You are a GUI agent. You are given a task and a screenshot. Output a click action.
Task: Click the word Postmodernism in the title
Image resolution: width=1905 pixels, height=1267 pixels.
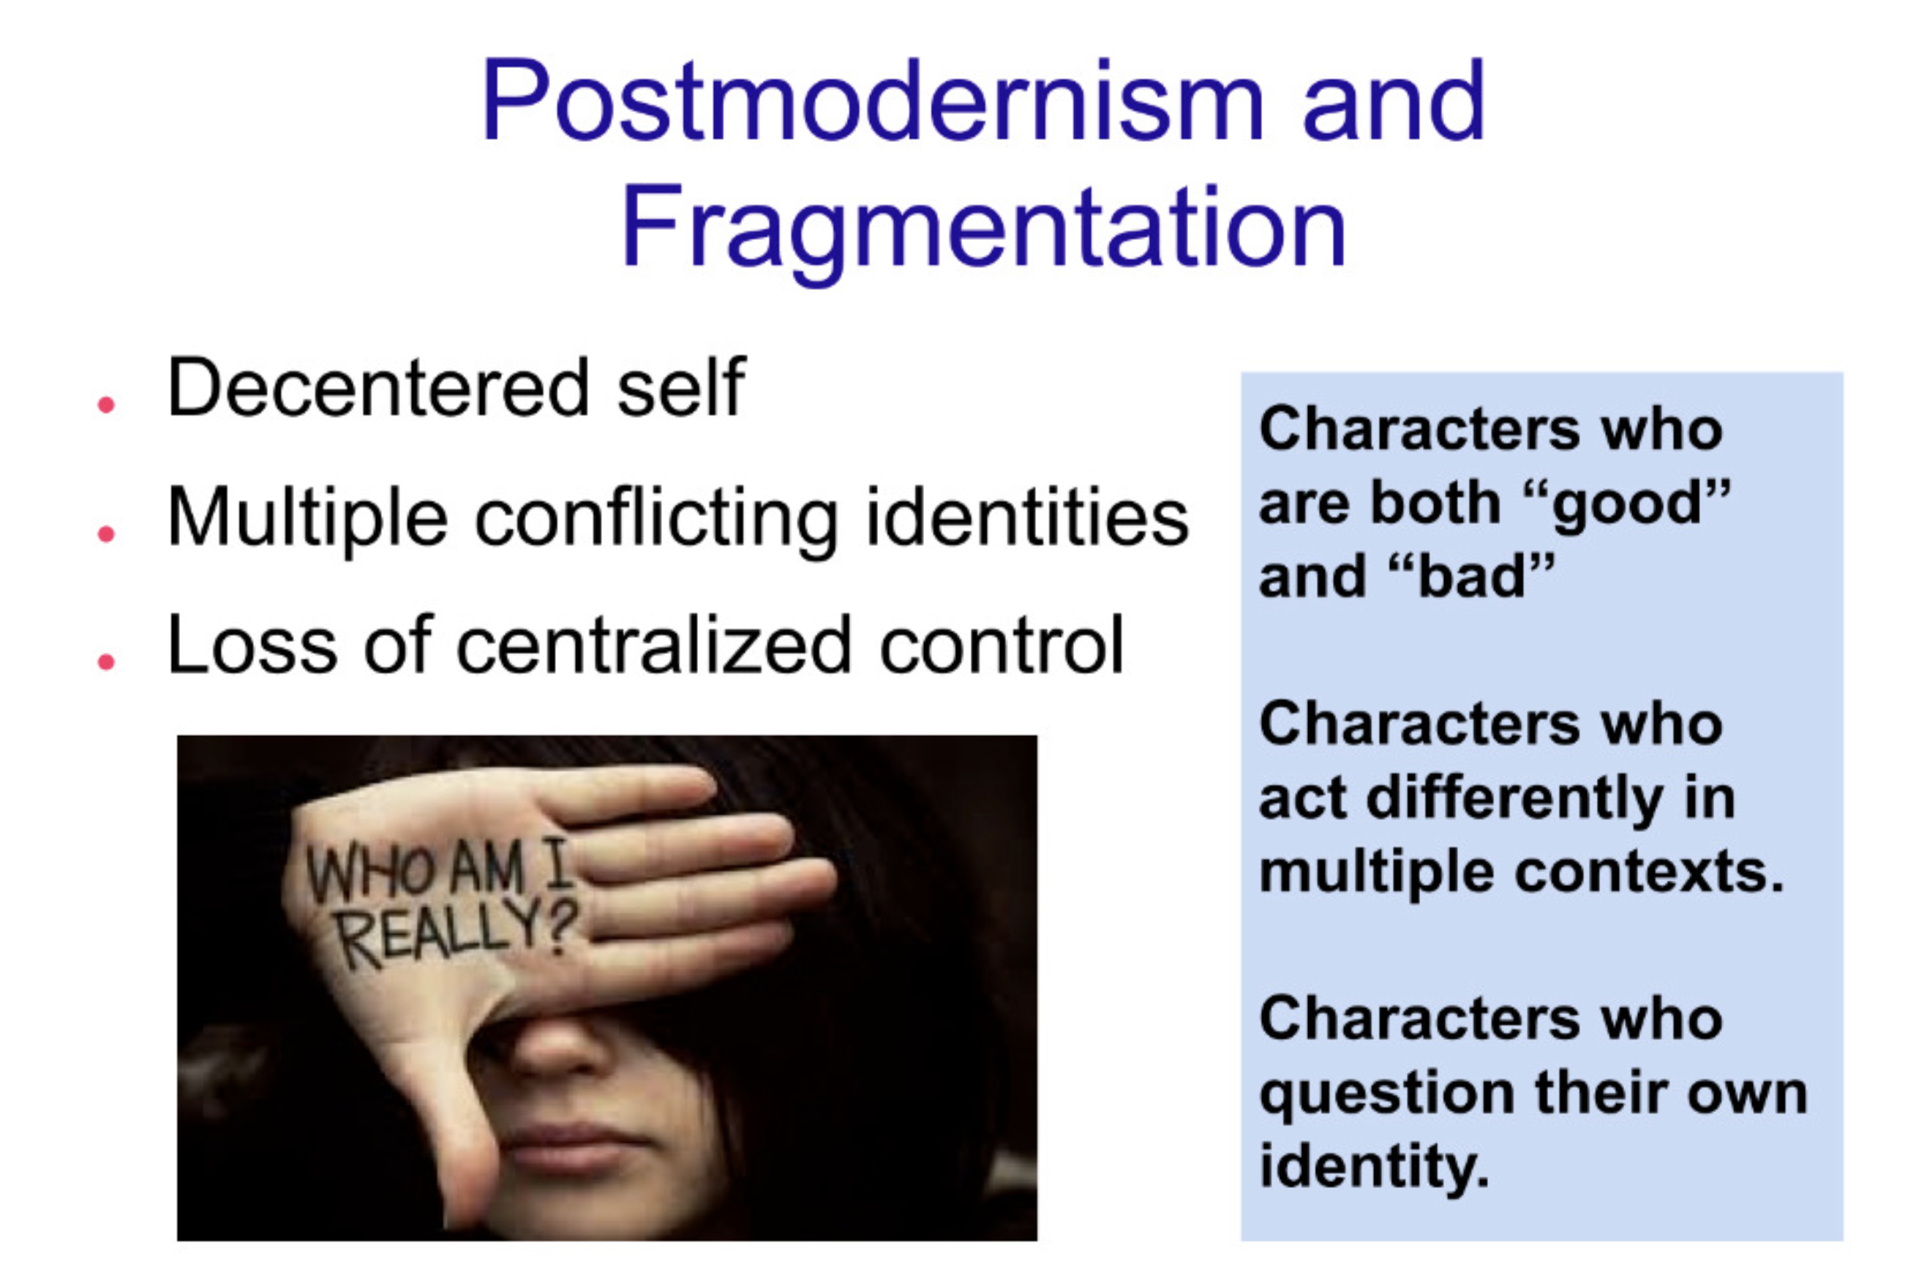coord(873,102)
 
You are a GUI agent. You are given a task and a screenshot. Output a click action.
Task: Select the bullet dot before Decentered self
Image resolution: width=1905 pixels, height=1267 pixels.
coord(106,404)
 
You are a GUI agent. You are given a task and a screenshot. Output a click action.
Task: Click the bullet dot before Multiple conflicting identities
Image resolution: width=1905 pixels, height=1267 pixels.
coord(106,533)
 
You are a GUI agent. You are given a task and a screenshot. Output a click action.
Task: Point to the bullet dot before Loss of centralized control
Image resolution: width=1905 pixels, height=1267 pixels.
coord(106,662)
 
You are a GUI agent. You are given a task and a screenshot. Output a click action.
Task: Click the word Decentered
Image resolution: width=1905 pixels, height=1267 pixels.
coord(379,388)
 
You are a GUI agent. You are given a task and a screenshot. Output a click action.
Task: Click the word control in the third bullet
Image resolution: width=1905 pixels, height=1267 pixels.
coord(1001,646)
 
